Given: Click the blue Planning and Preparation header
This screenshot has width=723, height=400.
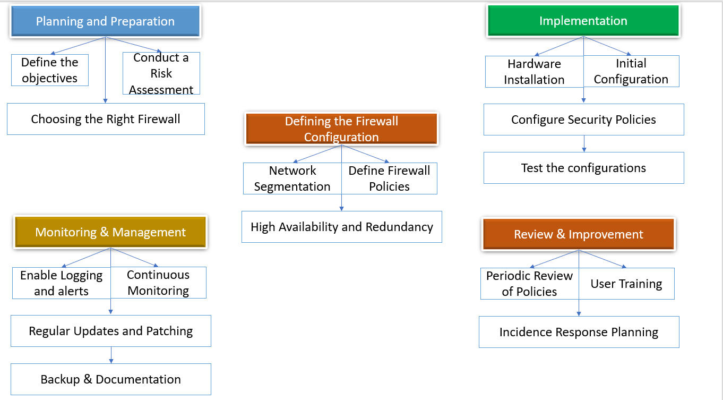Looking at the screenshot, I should [x=105, y=22].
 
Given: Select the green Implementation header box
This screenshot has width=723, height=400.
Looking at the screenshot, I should [x=583, y=21].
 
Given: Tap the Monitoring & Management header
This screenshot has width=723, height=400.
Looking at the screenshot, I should [x=110, y=233].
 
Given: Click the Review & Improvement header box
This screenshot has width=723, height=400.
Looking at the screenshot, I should [x=578, y=235].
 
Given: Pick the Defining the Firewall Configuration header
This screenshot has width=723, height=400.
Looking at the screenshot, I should [x=341, y=129].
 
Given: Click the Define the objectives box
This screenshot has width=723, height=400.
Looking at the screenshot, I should [x=50, y=70].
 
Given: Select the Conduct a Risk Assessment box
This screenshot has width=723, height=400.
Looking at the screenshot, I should [x=161, y=73].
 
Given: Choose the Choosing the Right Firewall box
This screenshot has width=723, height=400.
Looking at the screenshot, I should [x=106, y=119].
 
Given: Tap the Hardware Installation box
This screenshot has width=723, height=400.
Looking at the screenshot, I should [x=534, y=72].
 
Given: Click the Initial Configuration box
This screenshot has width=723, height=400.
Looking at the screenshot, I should [x=631, y=71].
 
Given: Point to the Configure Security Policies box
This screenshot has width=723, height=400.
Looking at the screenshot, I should [x=583, y=120].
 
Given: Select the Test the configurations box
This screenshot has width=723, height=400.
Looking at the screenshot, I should [x=583, y=168].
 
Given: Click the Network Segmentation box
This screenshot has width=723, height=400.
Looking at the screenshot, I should [x=292, y=178].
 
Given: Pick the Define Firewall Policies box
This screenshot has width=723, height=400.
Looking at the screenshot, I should [x=389, y=178].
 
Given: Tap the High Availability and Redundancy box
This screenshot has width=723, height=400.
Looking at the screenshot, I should [x=342, y=227].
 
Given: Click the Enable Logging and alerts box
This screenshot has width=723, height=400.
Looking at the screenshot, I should [x=62, y=283].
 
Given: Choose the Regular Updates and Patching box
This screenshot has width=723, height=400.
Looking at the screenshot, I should [x=111, y=331].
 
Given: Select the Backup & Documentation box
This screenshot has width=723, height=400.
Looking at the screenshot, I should [x=111, y=380].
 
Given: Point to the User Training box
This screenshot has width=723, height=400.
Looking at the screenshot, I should [x=626, y=284].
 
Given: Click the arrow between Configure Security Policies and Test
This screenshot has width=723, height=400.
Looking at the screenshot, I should [x=584, y=143].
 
